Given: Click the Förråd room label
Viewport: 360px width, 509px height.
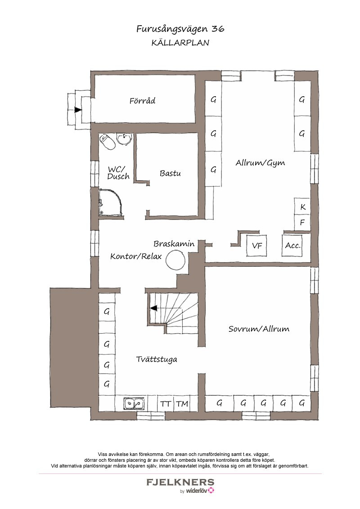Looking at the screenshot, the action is [142, 101].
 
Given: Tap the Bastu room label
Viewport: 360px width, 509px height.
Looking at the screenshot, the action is [170, 174].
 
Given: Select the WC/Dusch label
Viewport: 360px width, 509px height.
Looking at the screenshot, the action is [118, 173].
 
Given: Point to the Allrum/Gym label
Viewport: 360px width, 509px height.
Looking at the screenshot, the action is [260, 163].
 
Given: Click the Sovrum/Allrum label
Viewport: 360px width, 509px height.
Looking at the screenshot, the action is [259, 329].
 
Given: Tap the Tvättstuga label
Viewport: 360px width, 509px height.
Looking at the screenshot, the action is [157, 359].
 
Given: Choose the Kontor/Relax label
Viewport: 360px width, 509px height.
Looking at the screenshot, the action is [136, 256].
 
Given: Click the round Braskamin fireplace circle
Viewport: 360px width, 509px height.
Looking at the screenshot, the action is [177, 260].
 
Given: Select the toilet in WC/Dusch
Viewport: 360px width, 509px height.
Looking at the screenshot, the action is [108, 142].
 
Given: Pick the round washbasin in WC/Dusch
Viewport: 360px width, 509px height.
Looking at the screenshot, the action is [124, 139].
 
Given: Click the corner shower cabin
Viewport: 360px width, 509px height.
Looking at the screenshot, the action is [111, 202].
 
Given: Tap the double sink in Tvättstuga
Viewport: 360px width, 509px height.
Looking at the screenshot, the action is [134, 403].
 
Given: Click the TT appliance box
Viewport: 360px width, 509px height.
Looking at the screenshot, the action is [166, 404].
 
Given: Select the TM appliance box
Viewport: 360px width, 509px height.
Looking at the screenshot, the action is [183, 404].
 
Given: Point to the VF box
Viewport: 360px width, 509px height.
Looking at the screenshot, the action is [257, 246].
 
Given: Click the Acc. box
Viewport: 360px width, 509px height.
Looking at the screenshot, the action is [293, 246].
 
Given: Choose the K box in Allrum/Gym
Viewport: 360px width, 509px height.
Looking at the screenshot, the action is [302, 206].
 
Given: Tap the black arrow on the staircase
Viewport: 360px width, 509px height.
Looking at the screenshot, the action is [153, 308].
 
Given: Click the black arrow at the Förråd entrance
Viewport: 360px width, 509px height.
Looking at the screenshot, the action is [78, 110].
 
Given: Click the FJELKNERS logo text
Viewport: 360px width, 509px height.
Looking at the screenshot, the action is [180, 482].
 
